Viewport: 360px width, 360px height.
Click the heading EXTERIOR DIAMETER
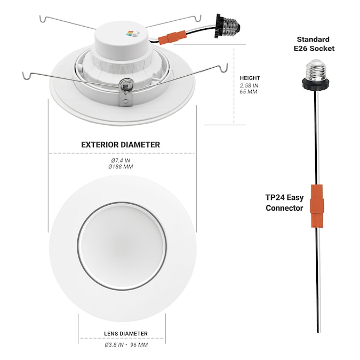[121, 145]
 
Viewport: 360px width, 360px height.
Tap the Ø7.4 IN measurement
[121, 161]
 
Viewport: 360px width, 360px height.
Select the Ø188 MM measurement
[121, 166]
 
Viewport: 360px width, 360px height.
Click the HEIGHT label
[250, 78]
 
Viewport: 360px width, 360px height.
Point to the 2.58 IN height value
[249, 85]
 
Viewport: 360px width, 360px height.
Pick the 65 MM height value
[249, 92]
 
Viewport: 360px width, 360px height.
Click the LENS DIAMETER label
[126, 333]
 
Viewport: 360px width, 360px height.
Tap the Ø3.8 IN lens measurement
[114, 345]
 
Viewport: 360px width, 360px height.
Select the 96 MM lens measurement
[139, 345]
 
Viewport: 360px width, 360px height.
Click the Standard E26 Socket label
[314, 44]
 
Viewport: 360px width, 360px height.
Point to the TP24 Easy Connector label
[284, 203]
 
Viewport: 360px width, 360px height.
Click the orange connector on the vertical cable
[317, 206]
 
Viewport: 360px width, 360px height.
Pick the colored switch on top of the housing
[134, 34]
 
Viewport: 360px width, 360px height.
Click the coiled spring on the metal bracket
[126, 84]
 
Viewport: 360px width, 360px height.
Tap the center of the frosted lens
[122, 246]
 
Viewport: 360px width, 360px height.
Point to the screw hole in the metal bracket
[125, 101]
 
